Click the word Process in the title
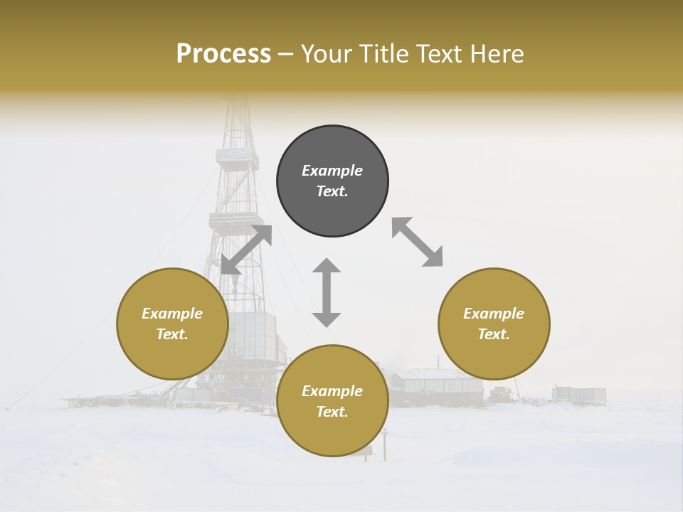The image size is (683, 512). pyautogui.click(x=223, y=54)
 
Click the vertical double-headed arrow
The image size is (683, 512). pyautogui.click(x=327, y=292)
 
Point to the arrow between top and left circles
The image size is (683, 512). pyautogui.click(x=247, y=250)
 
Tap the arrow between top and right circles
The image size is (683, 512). pyautogui.click(x=417, y=242)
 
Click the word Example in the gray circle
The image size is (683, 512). pyautogui.click(x=332, y=171)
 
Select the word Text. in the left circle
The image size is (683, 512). pyautogui.click(x=172, y=334)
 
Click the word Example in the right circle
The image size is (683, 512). pyautogui.click(x=494, y=314)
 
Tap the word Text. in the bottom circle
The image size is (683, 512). pyautogui.click(x=332, y=412)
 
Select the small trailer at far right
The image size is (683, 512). pyautogui.click(x=580, y=395)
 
